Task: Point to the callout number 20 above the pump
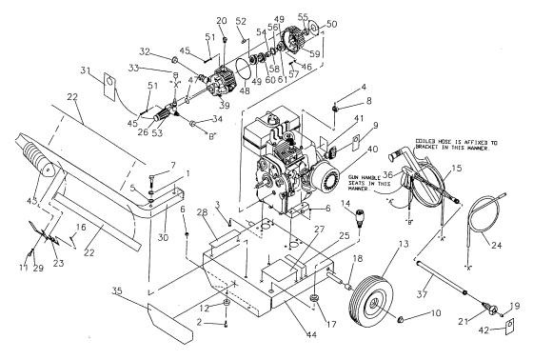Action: point(221,21)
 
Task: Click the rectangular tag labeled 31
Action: point(107,88)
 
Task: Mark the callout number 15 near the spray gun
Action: point(456,168)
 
